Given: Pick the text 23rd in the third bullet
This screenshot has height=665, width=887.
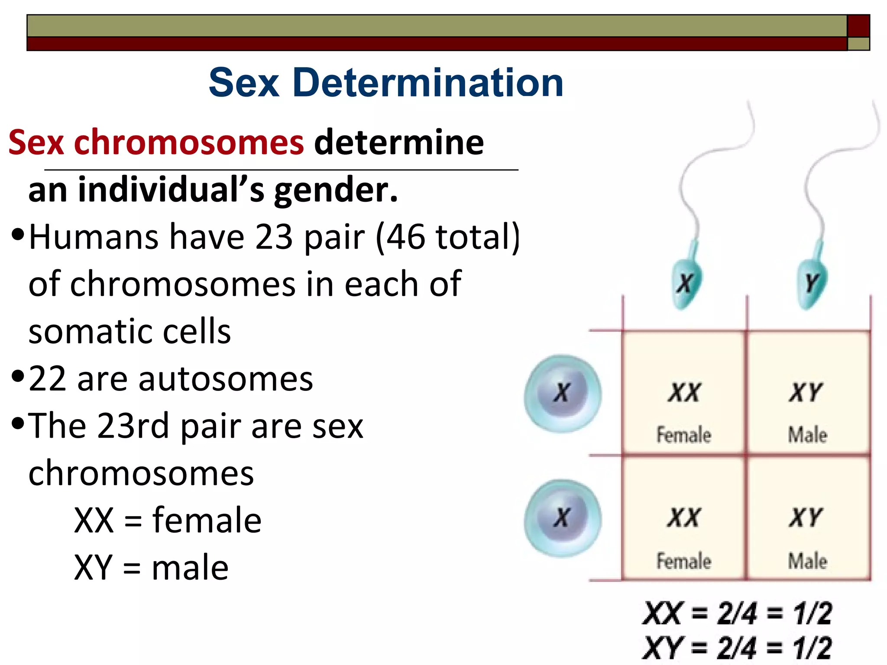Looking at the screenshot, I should (133, 426).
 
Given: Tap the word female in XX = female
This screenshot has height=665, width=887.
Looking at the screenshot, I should (207, 520).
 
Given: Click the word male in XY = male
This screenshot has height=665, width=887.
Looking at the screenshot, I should (190, 568).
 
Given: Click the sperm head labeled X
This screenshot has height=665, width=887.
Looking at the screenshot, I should (686, 284).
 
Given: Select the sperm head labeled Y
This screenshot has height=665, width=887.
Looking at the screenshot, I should (812, 284).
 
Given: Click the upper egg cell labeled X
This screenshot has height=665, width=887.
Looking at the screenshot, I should (563, 393).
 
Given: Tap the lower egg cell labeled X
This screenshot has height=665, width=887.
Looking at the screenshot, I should (563, 518).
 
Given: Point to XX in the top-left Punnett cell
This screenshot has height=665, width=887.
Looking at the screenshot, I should (684, 393).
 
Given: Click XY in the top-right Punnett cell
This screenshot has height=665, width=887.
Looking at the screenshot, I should (806, 393).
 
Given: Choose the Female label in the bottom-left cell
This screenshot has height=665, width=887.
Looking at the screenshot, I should (684, 561).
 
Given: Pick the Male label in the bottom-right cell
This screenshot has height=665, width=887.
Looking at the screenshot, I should (807, 561).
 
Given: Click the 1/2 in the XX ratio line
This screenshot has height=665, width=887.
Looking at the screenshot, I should (813, 613).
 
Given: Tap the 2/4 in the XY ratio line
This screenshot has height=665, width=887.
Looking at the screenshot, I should (737, 648).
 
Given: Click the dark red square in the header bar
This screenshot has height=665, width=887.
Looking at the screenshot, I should (858, 26).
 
